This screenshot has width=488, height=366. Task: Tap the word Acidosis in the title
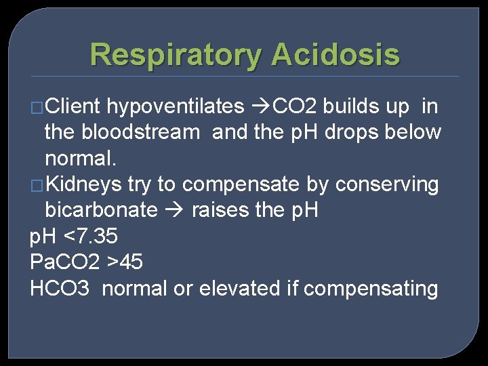tap(335, 54)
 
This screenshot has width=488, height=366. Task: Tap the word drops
tap(354, 132)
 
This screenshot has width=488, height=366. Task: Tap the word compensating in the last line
tap(371, 289)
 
